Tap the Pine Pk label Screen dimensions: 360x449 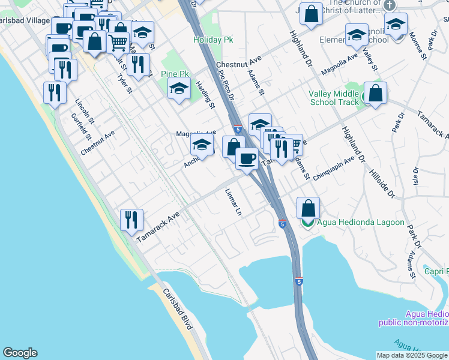tap(175, 74)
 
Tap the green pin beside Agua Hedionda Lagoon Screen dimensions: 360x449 tap(308, 223)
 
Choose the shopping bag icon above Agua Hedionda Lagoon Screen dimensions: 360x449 tap(308, 208)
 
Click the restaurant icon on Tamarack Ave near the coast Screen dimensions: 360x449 tap(131, 220)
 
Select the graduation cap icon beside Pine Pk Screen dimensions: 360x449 tap(179, 90)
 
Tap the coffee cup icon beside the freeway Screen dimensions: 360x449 tap(246, 159)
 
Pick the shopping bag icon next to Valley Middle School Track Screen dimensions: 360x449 tap(375, 94)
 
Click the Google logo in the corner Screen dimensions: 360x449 tap(20, 353)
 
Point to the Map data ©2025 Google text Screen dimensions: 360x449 tap(412, 355)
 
